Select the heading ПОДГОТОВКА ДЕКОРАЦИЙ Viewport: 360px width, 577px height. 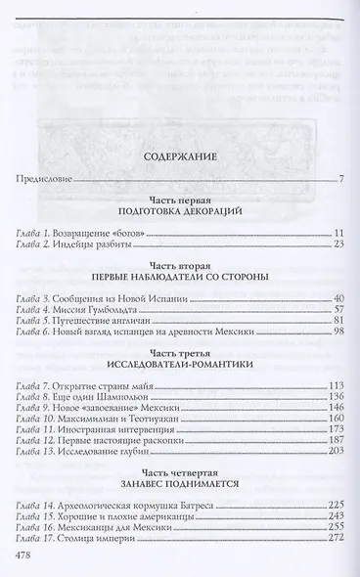(x=179, y=211)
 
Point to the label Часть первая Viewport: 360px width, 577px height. (x=179, y=199)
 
